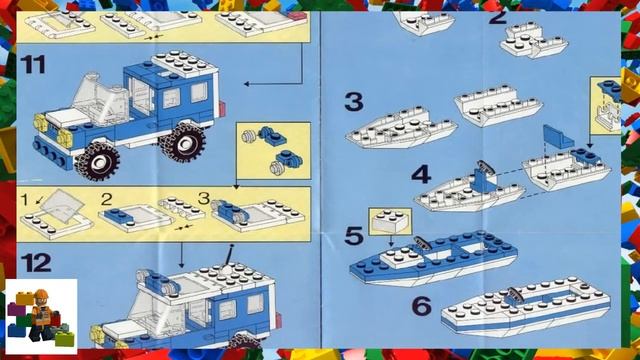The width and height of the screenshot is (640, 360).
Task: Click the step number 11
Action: [34, 65]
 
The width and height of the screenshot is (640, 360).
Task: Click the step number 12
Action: [36, 264]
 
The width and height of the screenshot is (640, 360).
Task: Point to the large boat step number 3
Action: [353, 102]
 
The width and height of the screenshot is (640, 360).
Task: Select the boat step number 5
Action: [353, 236]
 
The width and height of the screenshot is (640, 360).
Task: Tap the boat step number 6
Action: [421, 305]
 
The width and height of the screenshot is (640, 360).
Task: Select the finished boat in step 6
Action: [525, 313]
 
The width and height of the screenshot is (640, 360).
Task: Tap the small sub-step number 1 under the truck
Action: [25, 200]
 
